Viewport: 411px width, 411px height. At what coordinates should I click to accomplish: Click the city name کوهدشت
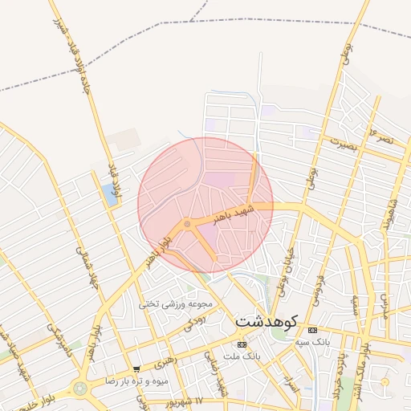(x=265, y=320)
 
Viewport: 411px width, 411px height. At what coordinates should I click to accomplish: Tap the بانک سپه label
(x=312, y=343)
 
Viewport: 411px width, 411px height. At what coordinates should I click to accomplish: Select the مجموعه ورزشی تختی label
(x=175, y=304)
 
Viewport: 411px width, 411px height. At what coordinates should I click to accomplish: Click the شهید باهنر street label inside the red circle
(x=234, y=214)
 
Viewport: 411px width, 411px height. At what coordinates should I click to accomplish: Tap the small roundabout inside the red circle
(x=187, y=225)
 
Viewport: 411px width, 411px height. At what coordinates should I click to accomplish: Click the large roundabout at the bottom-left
(x=79, y=389)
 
